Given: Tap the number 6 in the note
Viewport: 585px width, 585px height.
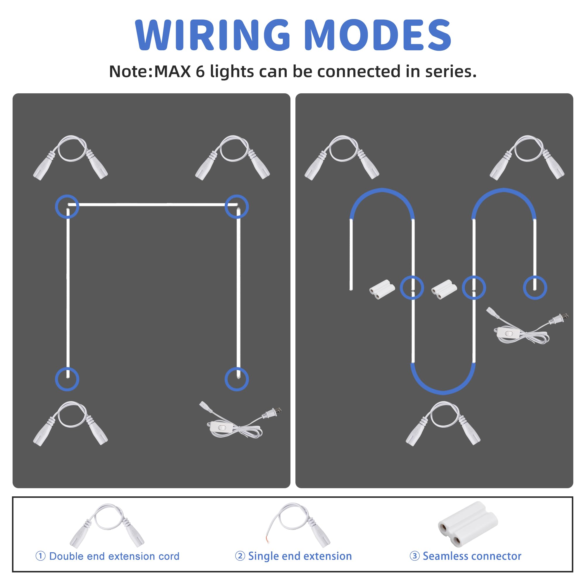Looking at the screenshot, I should [200, 72].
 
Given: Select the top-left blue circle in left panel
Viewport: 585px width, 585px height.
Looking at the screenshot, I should [67, 207].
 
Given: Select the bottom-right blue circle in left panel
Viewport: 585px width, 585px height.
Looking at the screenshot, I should [237, 379].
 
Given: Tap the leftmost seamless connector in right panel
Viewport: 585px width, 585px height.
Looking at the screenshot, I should [382, 289].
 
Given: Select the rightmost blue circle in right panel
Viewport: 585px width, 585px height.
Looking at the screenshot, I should [535, 288].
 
